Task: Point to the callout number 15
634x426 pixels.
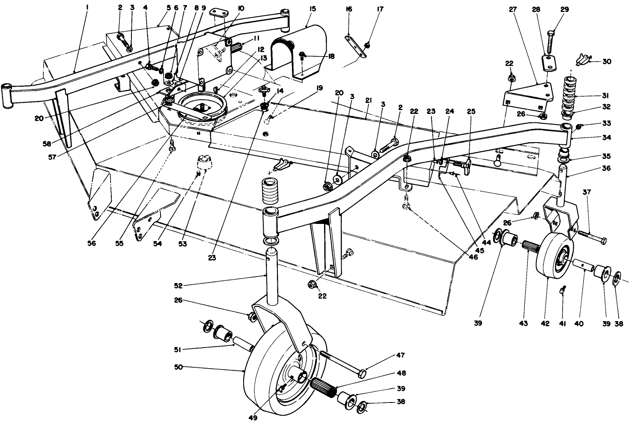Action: coord(313,9)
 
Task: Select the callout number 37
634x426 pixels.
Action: coord(586,192)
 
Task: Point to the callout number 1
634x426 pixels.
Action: coord(87,8)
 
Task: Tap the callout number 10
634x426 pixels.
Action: coord(241,9)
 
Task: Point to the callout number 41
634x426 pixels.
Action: coord(563,324)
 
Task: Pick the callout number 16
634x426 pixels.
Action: coord(348,9)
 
